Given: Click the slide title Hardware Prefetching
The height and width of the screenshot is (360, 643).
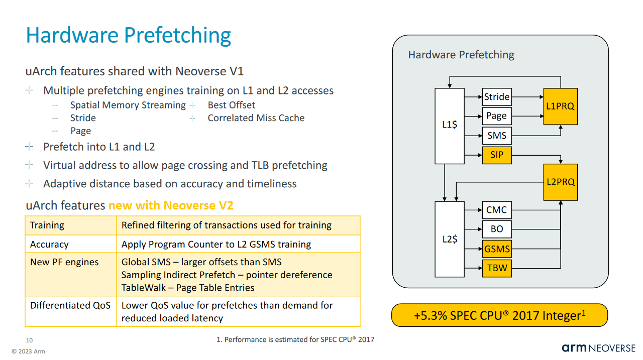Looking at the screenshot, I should (129, 36).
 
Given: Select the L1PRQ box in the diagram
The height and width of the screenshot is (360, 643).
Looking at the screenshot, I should (560, 106).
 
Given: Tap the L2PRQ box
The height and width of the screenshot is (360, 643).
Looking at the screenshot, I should (560, 182).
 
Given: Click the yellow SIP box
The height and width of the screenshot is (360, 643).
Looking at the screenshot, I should (496, 155).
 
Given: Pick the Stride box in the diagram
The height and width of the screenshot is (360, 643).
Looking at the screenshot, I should (496, 97).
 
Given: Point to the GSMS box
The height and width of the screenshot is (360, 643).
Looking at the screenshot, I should (496, 249).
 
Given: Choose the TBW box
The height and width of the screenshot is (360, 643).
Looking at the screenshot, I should (496, 268).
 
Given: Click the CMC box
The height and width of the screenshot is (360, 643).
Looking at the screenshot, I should (496, 210).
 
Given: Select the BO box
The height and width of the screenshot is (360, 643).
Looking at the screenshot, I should (496, 229).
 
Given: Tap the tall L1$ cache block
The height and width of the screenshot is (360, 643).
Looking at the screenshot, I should (449, 126).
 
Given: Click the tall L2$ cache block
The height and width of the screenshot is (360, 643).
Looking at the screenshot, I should (449, 239).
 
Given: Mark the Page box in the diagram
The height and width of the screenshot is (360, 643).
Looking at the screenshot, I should (496, 116).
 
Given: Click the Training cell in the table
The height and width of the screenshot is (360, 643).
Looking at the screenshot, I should (47, 225).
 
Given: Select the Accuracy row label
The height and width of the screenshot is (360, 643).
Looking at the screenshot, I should (49, 245).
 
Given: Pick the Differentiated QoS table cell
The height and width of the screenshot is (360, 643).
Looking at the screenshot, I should (70, 306).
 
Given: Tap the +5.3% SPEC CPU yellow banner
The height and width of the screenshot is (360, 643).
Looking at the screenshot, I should (499, 316).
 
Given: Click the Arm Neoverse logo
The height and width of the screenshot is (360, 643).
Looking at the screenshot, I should (598, 348).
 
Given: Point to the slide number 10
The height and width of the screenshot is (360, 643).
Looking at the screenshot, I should (29, 340).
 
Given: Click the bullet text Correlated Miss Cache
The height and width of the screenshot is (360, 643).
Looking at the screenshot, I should (256, 118).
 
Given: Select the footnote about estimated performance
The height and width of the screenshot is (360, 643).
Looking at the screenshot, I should (295, 340).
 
